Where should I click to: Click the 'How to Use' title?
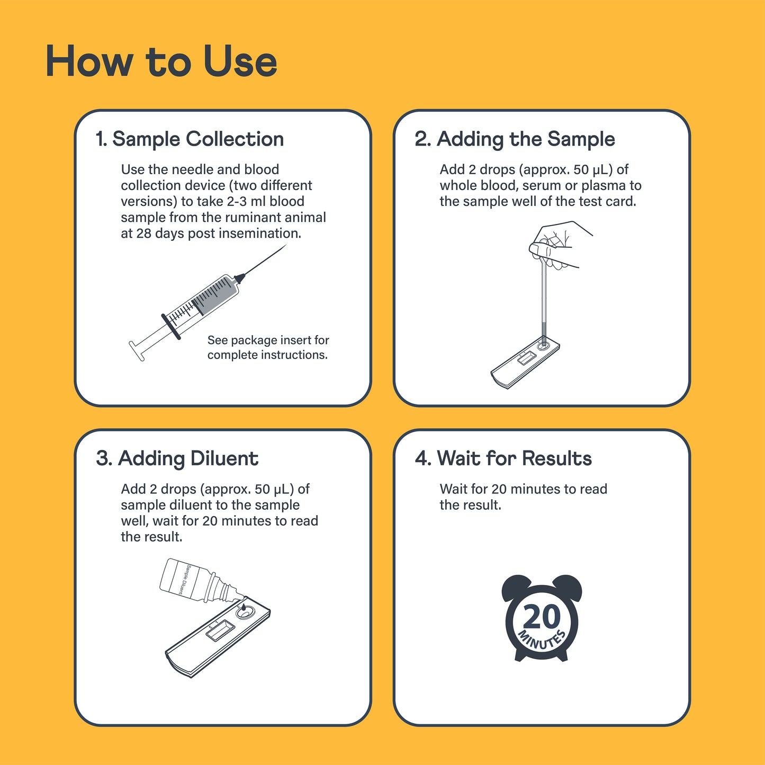[161, 61]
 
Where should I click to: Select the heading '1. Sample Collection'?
[190, 139]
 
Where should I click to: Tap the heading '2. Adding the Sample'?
[515, 139]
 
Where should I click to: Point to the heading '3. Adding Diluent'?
[177, 458]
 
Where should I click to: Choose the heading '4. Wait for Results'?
[503, 458]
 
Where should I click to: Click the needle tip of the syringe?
[286, 245]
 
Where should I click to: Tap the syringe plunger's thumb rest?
[137, 351]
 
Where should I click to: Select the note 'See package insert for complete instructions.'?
[268, 347]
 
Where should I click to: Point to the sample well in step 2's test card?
[544, 345]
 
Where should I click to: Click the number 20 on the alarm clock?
[542, 617]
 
